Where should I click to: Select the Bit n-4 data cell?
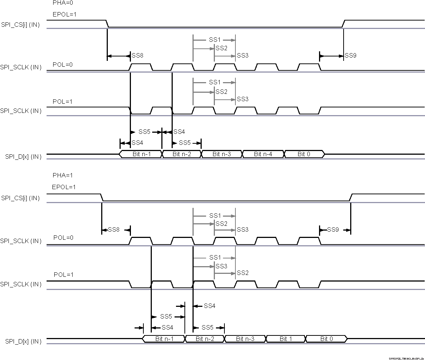[263, 154]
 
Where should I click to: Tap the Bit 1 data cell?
[286, 339]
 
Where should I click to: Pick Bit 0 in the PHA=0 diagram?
[304, 154]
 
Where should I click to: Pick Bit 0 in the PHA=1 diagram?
[326, 339]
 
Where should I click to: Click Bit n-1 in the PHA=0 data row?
[141, 154]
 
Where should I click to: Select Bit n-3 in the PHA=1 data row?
[245, 339]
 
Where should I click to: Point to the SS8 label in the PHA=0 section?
[137, 56]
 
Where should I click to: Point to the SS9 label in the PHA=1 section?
[333, 230]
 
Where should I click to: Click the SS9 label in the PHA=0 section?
[351, 56]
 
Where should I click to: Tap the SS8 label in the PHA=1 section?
[114, 230]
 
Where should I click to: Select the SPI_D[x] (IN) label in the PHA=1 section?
[23, 341]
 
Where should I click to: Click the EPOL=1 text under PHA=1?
[64, 187]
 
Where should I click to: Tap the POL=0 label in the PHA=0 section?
[63, 65]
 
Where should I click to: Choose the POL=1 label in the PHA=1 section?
[63, 275]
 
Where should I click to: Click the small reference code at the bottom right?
[406, 358]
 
